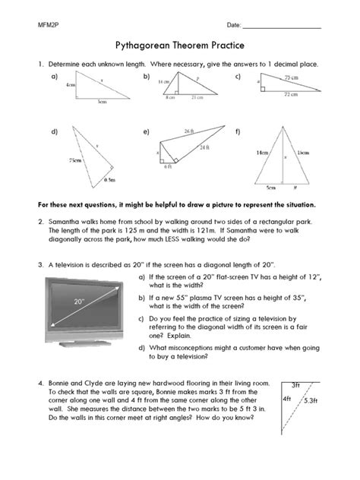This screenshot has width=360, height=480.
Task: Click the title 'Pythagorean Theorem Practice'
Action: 179,46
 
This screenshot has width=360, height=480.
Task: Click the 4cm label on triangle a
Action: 71,86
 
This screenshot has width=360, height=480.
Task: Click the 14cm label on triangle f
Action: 262,153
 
